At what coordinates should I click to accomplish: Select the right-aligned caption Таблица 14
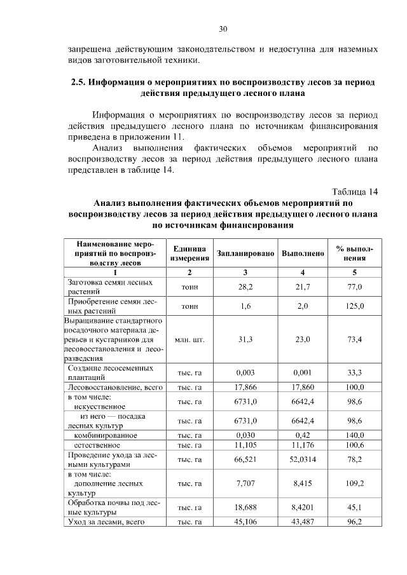[355, 191]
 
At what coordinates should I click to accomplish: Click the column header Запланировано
[245, 253]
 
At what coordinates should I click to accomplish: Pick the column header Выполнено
[303, 253]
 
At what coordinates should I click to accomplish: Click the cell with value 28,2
[245, 287]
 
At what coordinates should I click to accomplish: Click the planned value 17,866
[245, 387]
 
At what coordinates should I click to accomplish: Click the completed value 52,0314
[303, 459]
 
